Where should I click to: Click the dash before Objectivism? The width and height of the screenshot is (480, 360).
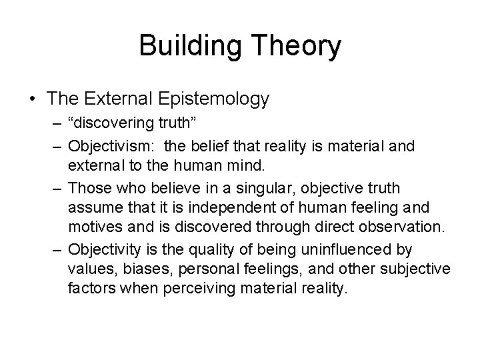(x=57, y=146)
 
